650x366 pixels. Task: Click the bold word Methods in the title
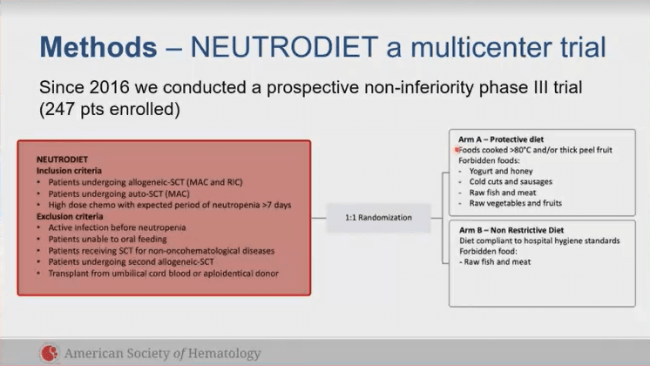(x=98, y=47)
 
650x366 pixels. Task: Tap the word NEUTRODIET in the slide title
(x=284, y=47)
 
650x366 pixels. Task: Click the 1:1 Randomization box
(x=378, y=218)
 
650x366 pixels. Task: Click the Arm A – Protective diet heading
(x=501, y=139)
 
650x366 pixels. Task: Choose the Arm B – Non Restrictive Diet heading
(x=511, y=230)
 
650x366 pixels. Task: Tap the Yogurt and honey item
(x=501, y=171)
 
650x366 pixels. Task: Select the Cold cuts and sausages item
(x=511, y=181)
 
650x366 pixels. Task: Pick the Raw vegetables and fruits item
(x=515, y=203)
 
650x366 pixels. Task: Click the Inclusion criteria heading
(x=69, y=171)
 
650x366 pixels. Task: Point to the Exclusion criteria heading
(x=70, y=216)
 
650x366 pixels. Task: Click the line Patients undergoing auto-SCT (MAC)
(x=119, y=193)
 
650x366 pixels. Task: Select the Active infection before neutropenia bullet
(x=117, y=227)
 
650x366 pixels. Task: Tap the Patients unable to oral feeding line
(x=107, y=239)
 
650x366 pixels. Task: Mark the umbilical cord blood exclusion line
(x=163, y=274)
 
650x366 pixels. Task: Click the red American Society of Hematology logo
(x=50, y=353)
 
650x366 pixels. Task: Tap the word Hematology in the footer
(x=224, y=354)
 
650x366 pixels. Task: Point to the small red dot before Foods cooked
(x=457, y=150)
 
